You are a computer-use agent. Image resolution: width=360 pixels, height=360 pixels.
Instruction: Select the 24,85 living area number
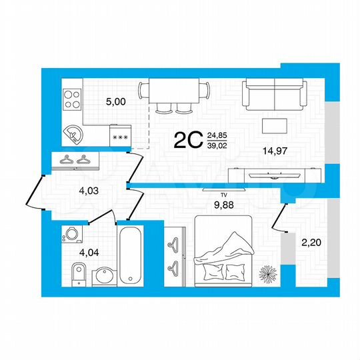pos(217,135)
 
